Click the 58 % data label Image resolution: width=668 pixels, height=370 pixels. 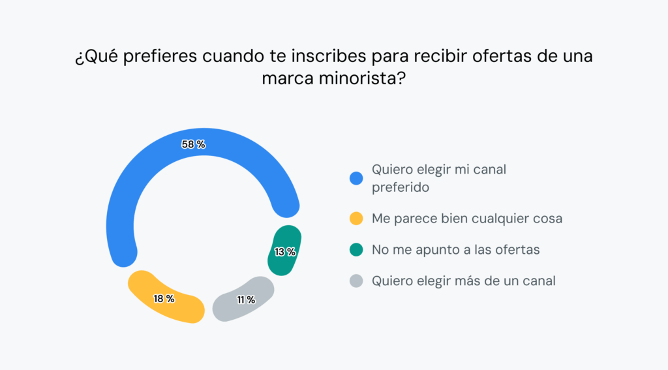click(193, 145)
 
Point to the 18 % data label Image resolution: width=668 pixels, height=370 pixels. click(164, 299)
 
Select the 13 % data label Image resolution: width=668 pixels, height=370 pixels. click(285, 252)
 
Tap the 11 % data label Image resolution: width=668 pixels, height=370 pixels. click(245, 300)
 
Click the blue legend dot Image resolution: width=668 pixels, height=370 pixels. click(356, 178)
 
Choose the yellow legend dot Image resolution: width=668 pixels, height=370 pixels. click(356, 219)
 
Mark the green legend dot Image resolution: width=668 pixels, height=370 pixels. click(356, 250)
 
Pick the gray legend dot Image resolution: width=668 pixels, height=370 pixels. click(356, 281)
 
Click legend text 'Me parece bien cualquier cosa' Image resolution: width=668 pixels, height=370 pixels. click(467, 219)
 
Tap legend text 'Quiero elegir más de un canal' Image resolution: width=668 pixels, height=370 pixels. click(464, 281)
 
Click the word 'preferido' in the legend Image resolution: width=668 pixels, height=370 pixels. click(401, 187)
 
